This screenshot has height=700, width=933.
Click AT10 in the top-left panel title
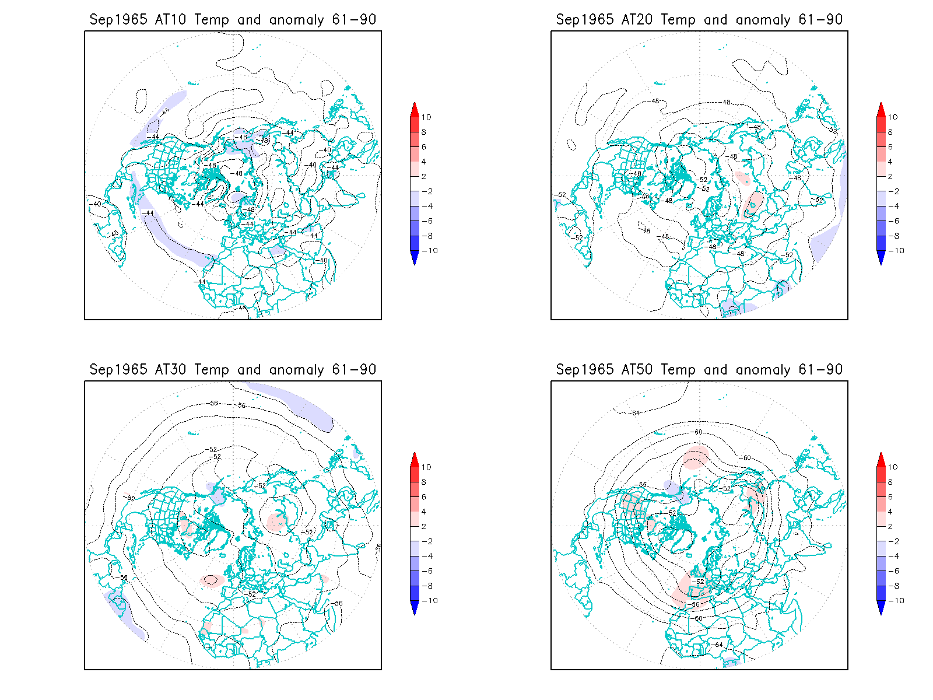170,20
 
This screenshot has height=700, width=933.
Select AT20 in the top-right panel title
637,20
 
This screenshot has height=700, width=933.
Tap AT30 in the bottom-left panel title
170,370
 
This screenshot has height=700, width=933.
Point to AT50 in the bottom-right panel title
637,370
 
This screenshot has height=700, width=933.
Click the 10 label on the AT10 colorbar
426,117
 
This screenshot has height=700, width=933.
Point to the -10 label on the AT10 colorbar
430,251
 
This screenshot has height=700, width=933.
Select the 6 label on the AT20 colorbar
890,147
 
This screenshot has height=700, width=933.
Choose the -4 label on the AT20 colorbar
893,206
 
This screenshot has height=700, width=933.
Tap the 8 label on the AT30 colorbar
424,482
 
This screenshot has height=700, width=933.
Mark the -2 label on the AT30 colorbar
427,541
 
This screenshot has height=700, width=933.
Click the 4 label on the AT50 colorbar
890,512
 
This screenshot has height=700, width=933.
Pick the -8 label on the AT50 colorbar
893,586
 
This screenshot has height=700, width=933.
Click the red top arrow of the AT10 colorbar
415,110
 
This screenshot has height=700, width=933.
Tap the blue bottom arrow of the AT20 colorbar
881,258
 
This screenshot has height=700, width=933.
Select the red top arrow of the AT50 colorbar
881,460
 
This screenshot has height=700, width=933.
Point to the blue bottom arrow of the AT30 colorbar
415,608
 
